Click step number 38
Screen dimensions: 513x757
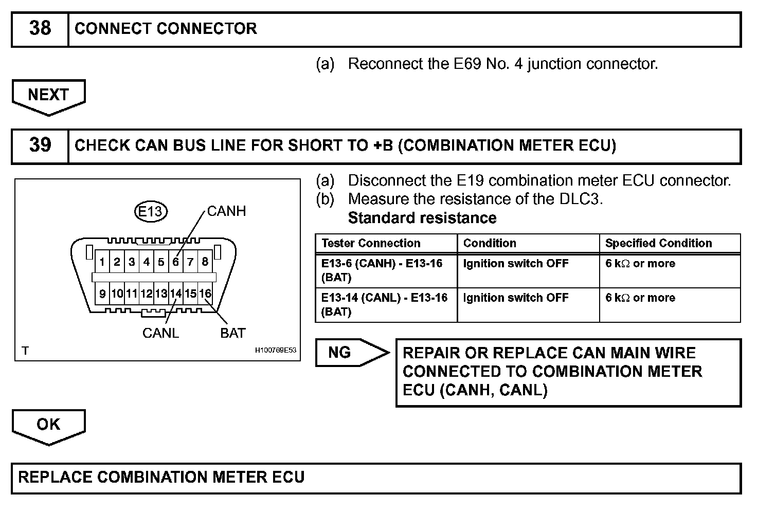[x=40, y=29]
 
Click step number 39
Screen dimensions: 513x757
[x=40, y=145]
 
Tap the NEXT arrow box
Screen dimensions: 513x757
[x=48, y=96]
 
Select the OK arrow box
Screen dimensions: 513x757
[x=48, y=425]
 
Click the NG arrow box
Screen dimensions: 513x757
[x=350, y=353]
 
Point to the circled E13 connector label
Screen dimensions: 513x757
[x=151, y=211]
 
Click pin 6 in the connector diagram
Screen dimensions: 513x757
[x=175, y=262]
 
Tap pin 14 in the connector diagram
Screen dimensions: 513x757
[x=176, y=294]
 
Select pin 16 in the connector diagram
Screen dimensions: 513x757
[x=205, y=294]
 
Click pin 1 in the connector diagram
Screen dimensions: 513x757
[x=102, y=262]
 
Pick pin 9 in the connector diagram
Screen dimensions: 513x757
[x=102, y=294]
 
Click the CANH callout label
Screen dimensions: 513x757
[x=226, y=211]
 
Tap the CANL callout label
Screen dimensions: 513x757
[x=160, y=333]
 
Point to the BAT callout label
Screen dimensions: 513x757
[x=232, y=333]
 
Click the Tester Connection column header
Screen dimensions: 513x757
[x=371, y=243]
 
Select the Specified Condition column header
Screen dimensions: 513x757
[x=658, y=243]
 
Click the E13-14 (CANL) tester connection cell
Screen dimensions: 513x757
[x=385, y=304]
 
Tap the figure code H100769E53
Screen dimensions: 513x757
[x=276, y=351]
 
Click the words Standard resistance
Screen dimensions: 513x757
[x=422, y=218]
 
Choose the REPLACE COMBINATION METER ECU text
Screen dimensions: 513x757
[x=161, y=477]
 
